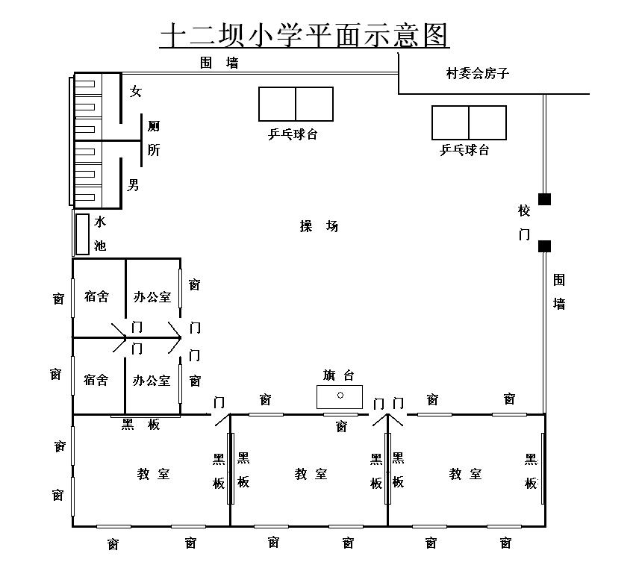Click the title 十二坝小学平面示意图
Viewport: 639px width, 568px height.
pos(304,35)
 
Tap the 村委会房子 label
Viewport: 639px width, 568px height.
pos(478,73)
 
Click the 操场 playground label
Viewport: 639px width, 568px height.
pos(319,226)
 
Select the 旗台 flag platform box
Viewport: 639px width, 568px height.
pos(340,397)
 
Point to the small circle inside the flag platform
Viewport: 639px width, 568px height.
pos(340,395)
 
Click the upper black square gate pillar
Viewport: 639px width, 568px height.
pos(544,199)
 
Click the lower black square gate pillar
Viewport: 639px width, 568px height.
pos(544,246)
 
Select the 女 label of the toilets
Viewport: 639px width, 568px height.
pos(135,92)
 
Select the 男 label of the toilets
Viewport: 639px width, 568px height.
pos(133,185)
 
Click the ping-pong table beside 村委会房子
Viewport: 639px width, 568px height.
pos(469,122)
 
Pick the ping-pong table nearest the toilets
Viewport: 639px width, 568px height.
pos(296,104)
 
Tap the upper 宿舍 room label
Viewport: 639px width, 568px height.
pos(96,296)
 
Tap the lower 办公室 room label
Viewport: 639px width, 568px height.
pos(152,380)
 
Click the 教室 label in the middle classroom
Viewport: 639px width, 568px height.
pos(311,474)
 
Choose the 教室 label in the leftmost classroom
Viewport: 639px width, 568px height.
pos(154,474)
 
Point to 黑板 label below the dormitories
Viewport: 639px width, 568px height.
pos(141,425)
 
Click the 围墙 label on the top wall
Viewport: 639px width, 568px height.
pos(219,63)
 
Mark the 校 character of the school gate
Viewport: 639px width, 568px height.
pos(524,210)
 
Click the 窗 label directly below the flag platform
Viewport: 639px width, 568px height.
pos(341,426)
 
